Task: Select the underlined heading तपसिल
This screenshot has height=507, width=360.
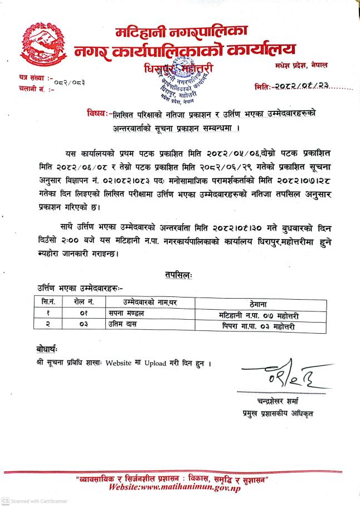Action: tap(178, 275)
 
